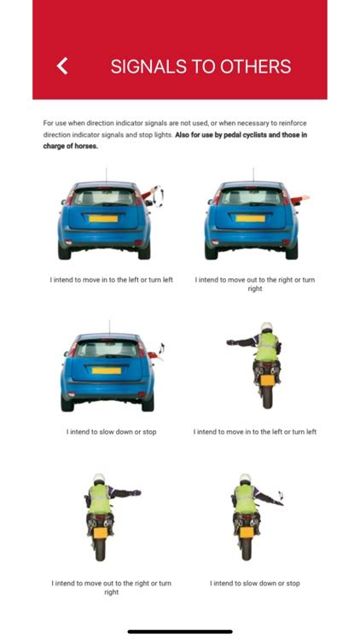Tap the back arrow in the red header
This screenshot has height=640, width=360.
click(x=61, y=66)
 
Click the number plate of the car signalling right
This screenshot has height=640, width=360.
click(x=251, y=219)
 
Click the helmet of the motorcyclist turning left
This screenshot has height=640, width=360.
click(x=267, y=328)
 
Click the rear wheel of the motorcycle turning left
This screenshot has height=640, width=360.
click(x=266, y=396)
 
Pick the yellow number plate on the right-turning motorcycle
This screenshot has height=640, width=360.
click(x=100, y=532)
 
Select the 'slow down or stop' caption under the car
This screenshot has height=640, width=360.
click(x=111, y=432)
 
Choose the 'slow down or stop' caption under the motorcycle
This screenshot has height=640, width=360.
click(x=255, y=584)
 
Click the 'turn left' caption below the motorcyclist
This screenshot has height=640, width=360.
click(x=255, y=432)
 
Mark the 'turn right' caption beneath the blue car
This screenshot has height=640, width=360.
click(x=255, y=284)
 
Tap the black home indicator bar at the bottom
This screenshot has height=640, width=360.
click(x=180, y=631)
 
